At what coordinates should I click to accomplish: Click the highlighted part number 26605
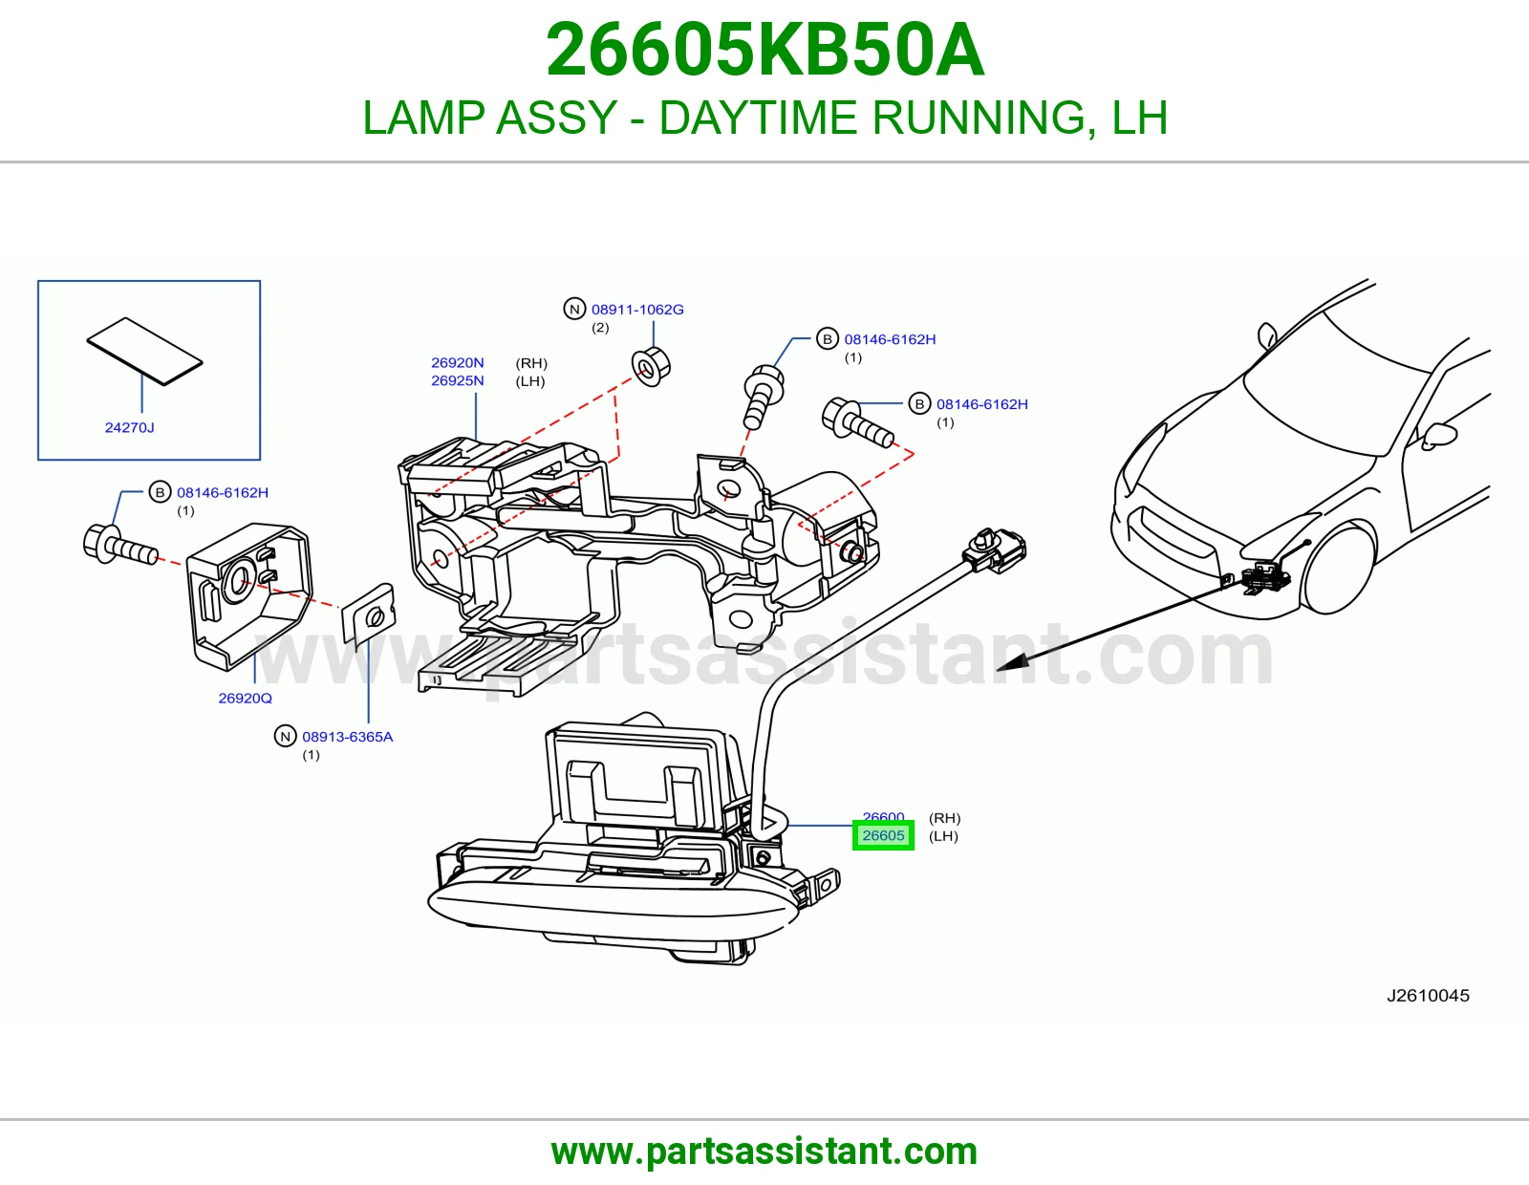883,835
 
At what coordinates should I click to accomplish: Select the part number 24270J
129,427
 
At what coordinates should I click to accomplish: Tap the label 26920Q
245,698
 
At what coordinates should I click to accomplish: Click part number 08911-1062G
637,309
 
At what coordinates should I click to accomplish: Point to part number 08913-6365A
348,737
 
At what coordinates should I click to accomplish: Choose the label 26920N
458,362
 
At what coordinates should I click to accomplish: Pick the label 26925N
458,380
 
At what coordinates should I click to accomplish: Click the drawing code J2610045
1428,995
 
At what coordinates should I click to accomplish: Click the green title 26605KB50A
764,50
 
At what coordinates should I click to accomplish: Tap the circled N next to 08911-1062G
575,309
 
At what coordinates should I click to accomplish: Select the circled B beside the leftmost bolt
161,492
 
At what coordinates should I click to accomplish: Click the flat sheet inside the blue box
145,352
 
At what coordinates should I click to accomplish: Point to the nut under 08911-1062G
651,366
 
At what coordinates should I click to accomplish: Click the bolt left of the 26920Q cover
120,546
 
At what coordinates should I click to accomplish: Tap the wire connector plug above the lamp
995,551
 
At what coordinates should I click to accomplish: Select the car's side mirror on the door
1438,436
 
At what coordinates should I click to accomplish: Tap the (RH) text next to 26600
944,818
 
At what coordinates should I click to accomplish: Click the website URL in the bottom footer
764,1152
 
